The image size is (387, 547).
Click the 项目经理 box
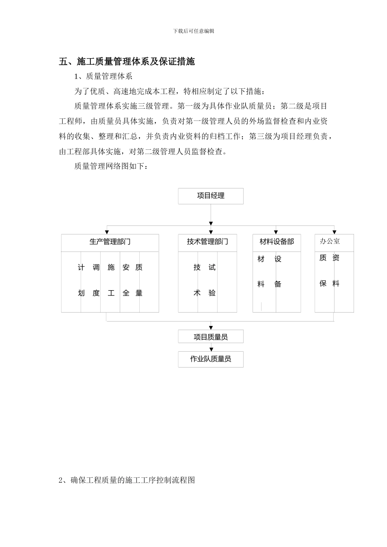click(x=211, y=196)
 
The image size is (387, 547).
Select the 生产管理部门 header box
click(x=110, y=242)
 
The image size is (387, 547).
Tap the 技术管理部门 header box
click(x=207, y=242)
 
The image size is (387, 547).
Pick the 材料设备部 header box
click(x=277, y=242)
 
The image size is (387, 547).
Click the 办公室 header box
click(x=334, y=242)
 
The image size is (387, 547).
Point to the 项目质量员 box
click(x=211, y=337)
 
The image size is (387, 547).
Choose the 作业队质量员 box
click(x=211, y=359)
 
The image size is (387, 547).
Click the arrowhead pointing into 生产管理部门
click(x=107, y=232)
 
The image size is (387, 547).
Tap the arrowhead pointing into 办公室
click(x=334, y=232)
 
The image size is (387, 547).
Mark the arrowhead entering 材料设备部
click(x=276, y=232)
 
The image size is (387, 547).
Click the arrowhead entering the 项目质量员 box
click(x=211, y=327)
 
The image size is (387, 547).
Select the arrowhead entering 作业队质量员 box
click(x=211, y=349)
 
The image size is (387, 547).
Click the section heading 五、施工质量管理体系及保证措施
click(x=127, y=61)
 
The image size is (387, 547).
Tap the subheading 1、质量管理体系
click(x=103, y=76)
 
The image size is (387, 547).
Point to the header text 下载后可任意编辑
click(x=193, y=31)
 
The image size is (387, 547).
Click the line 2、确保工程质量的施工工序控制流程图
click(x=127, y=480)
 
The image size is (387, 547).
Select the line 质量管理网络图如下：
click(x=111, y=166)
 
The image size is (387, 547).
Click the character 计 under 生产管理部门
click(x=81, y=267)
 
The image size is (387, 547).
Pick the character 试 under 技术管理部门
click(x=212, y=267)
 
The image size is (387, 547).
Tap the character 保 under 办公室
click(x=323, y=284)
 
